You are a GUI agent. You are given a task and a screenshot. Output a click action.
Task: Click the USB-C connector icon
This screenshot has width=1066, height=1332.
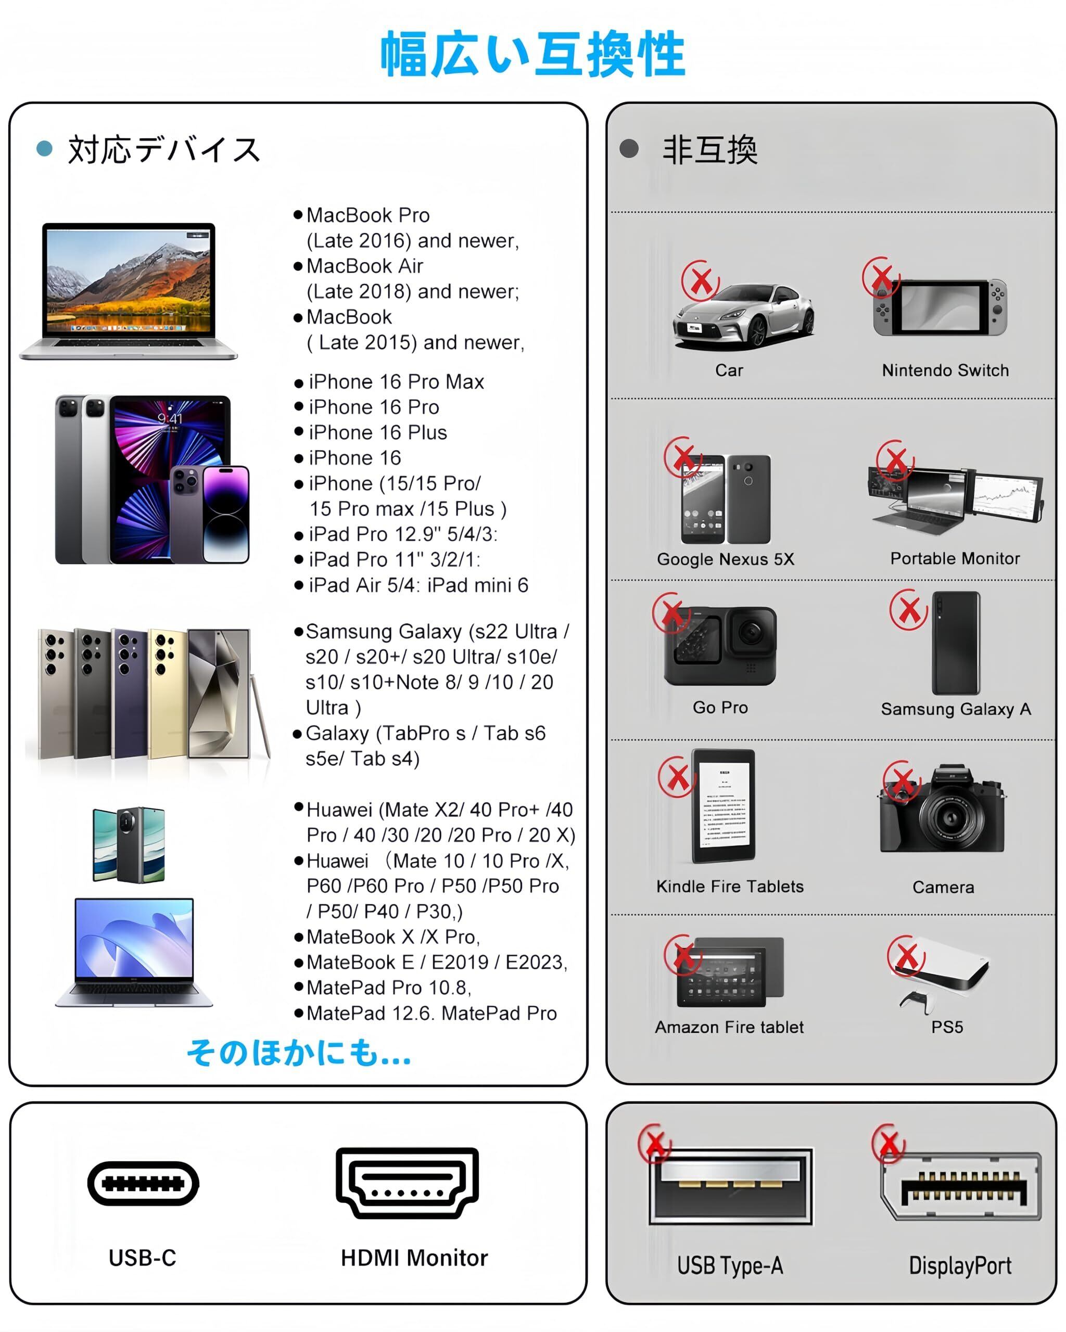143,1183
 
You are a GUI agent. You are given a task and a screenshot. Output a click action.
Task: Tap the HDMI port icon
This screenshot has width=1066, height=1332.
407,1183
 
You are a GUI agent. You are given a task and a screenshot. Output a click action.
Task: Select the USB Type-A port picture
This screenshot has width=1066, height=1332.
731,1187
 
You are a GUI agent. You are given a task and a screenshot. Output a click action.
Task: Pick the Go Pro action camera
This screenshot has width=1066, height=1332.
720,646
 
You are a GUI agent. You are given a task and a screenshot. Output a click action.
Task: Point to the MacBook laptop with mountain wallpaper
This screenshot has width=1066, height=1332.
129,291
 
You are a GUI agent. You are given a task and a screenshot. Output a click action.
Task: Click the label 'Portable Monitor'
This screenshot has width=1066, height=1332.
954,558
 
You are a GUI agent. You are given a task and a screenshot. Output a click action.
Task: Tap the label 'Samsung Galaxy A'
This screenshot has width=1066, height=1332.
955,709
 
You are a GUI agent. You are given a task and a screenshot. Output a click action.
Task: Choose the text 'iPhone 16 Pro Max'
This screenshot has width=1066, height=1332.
396,382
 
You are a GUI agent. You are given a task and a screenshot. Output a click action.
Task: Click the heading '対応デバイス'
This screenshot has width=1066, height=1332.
164,150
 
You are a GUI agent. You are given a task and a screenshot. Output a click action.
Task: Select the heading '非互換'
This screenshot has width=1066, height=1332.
710,150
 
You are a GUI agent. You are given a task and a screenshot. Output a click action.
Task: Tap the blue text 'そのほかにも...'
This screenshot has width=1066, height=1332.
299,1052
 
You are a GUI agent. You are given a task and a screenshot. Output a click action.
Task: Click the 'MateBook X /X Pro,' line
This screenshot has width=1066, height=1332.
393,937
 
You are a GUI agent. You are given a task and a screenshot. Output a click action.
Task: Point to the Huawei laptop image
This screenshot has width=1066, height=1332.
134,952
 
